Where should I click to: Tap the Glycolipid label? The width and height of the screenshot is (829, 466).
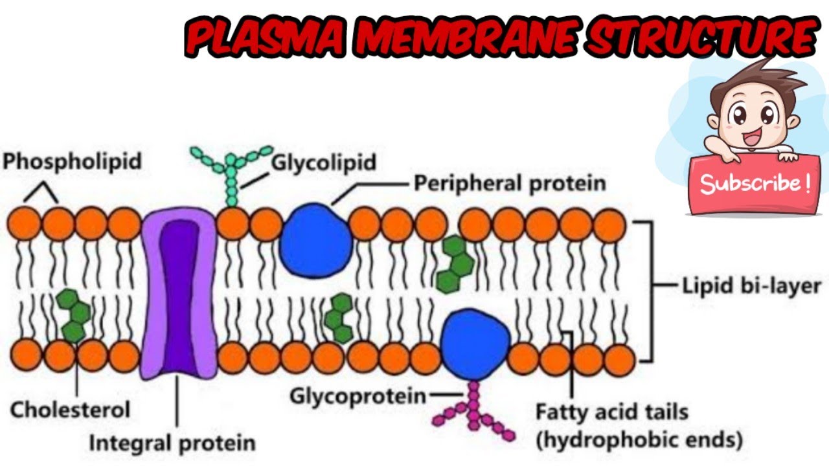coord(323,162)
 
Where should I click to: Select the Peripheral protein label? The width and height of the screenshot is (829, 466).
coord(510,183)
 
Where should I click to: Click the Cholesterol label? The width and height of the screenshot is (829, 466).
coord(70,409)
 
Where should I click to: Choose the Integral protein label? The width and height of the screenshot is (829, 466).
coord(172,443)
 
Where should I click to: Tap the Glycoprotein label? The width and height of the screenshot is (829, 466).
coord(358,395)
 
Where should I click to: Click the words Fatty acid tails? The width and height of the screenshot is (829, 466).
coord(612,412)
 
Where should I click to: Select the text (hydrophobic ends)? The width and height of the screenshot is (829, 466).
coord(638,440)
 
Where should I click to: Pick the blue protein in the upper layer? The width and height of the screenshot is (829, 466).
coord(316,241)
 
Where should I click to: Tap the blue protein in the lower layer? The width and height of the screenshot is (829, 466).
coord(475,343)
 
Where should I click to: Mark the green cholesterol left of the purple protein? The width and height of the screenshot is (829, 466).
coord(72,315)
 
